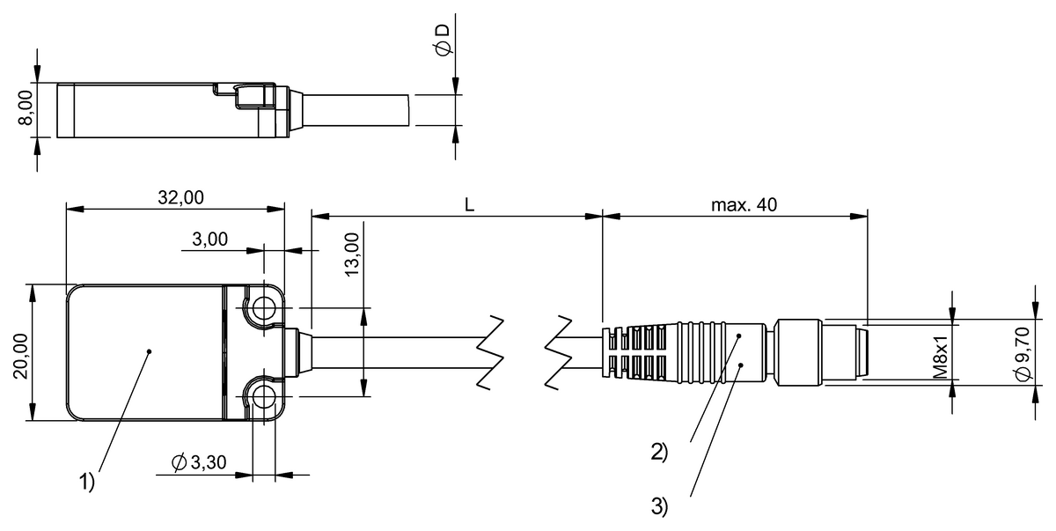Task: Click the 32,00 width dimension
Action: coord(180,198)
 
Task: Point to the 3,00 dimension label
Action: coord(209,239)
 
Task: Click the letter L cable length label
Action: coord(469,204)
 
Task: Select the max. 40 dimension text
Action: coord(744,204)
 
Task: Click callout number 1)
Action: coord(86,482)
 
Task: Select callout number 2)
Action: coord(659,453)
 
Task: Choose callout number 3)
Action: coord(659,506)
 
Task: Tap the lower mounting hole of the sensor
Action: coord(262,399)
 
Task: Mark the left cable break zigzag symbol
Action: coord(493,352)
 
